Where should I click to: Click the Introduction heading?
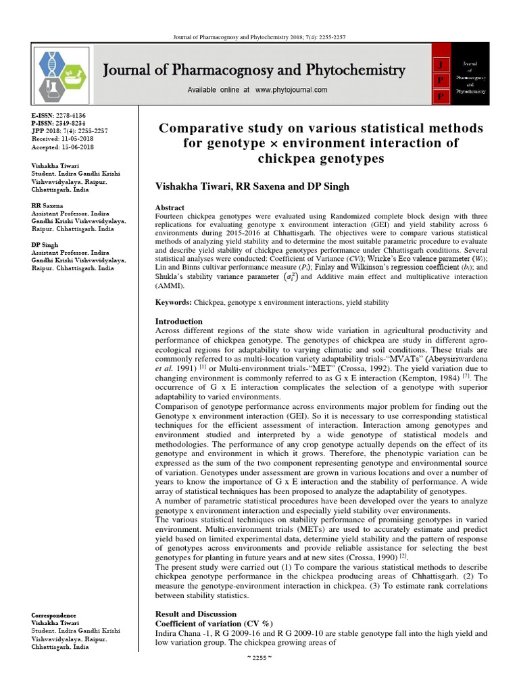click(x=179, y=321)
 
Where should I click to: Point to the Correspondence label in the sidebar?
click(x=54, y=616)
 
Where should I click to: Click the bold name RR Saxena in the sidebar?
click(x=47, y=205)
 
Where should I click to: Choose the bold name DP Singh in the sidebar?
click(x=45, y=244)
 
